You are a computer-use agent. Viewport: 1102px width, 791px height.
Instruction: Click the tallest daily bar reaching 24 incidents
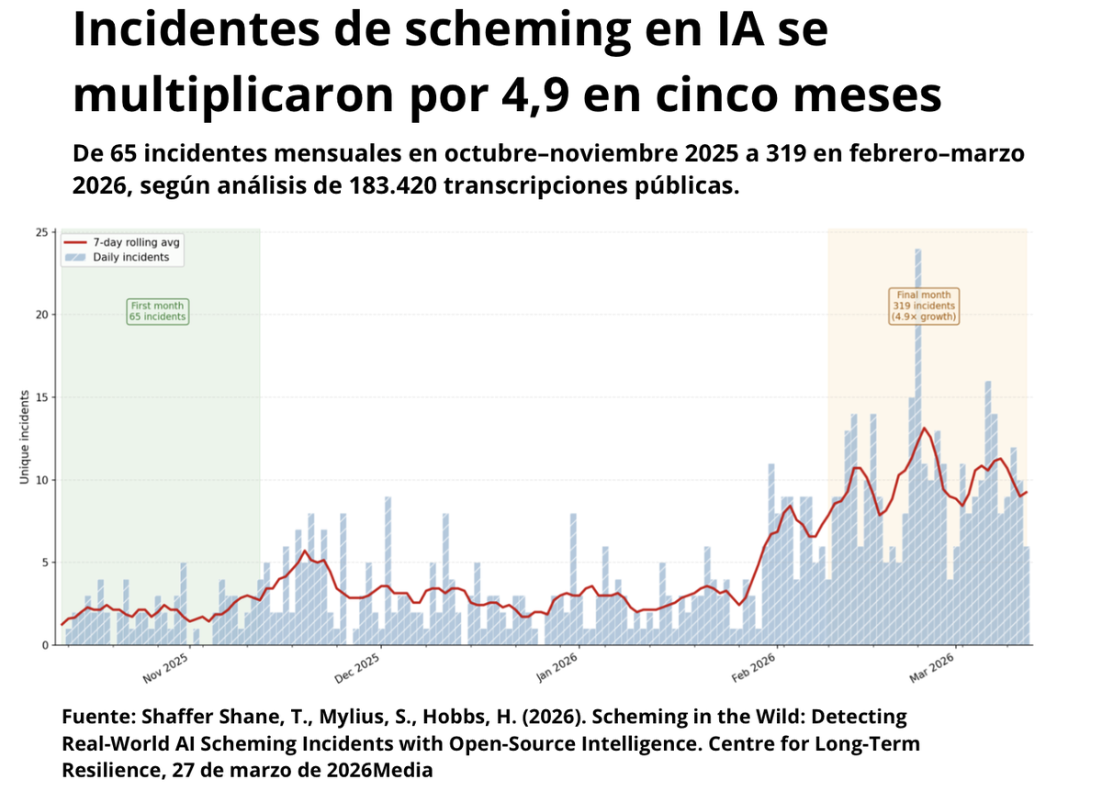point(917,440)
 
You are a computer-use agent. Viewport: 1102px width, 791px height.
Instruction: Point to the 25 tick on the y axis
point(41,232)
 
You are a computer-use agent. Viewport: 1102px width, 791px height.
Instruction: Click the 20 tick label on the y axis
point(41,315)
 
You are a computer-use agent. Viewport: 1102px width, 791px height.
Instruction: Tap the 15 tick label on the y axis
point(41,397)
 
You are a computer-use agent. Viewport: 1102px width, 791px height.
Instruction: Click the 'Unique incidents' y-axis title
point(25,438)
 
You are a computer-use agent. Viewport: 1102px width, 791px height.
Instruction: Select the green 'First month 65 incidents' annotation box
point(157,311)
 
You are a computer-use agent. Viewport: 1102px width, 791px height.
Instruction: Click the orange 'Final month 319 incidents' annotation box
point(924,306)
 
